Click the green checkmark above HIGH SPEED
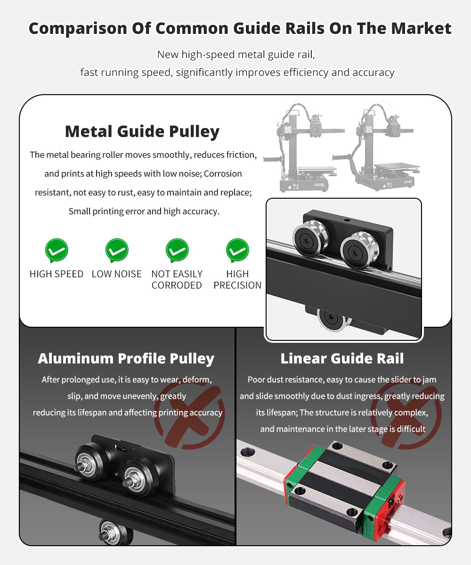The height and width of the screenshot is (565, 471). pyautogui.click(x=57, y=250)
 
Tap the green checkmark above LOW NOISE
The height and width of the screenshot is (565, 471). pyautogui.click(x=117, y=250)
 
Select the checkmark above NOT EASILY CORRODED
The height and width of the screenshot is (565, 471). pyautogui.click(x=177, y=250)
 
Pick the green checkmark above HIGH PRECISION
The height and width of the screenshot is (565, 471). pyautogui.click(x=238, y=250)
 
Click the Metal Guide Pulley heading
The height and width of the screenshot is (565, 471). pyautogui.click(x=142, y=132)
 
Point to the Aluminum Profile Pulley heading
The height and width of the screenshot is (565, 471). pyautogui.click(x=126, y=359)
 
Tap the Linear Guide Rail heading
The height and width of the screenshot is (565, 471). pyautogui.click(x=342, y=358)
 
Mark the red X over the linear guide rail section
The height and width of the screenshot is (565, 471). pyautogui.click(x=406, y=415)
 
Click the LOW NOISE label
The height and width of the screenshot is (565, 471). pyautogui.click(x=117, y=274)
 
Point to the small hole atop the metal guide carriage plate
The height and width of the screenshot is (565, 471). pyautogui.click(x=347, y=220)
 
